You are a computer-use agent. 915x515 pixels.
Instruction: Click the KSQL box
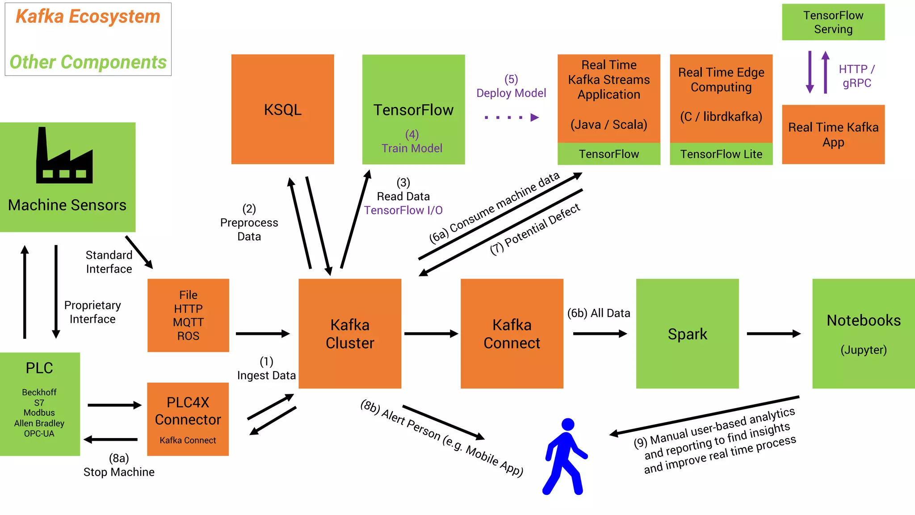click(282, 109)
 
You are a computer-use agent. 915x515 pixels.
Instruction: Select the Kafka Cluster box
click(350, 333)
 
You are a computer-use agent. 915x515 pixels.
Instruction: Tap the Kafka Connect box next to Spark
click(512, 333)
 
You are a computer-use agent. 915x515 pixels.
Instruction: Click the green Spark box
click(687, 333)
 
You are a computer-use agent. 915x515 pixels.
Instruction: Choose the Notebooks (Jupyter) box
click(863, 333)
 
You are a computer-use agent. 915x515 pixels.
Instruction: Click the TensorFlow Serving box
click(833, 22)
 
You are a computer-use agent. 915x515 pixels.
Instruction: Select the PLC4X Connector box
click(188, 419)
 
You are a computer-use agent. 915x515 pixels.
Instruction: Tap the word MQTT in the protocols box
click(188, 322)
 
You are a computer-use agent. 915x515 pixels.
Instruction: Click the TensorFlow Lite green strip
click(721, 154)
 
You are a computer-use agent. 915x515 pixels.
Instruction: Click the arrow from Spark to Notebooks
click(773, 333)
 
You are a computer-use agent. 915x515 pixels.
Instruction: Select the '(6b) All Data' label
click(598, 313)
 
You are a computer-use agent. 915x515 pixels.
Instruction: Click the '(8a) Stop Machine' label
click(119, 465)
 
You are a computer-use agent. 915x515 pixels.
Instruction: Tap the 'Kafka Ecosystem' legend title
click(88, 17)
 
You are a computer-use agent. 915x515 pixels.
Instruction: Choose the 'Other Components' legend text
click(88, 62)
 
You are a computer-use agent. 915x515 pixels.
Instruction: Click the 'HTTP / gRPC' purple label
click(856, 76)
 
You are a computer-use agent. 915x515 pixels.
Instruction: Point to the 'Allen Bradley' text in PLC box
click(39, 423)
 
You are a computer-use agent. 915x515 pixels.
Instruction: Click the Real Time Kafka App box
click(833, 135)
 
